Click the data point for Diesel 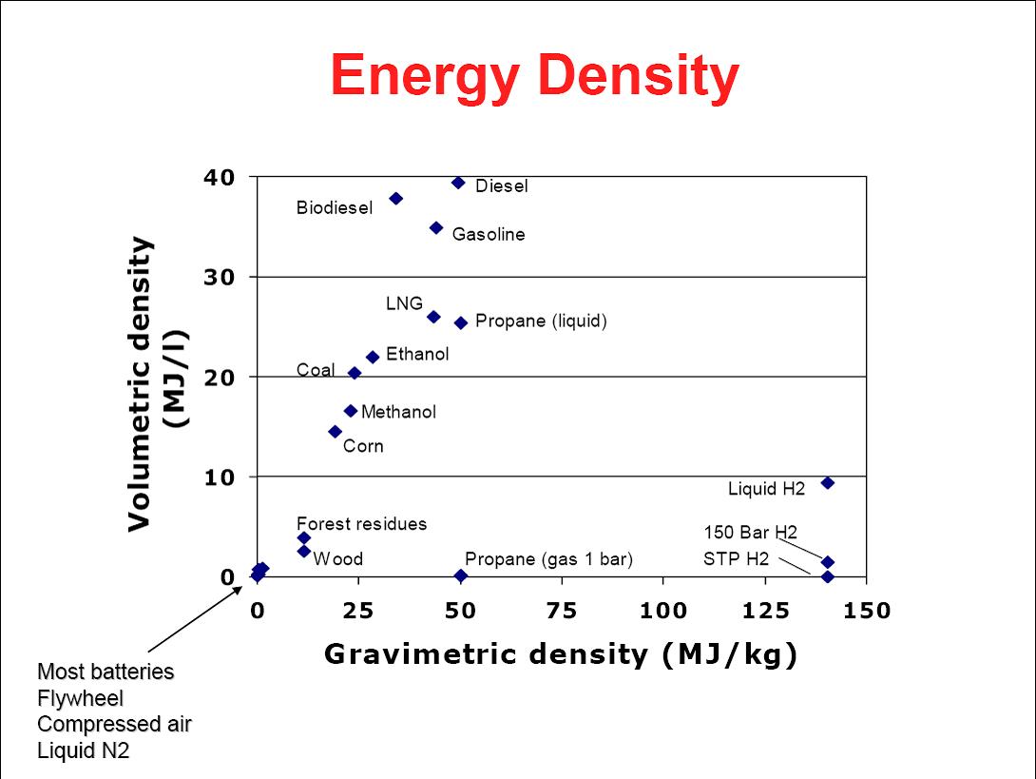458,183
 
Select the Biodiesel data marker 396,198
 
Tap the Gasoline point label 488,235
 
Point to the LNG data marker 433,317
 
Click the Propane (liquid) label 541,321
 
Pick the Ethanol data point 373,357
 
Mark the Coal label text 316,370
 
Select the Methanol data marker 351,411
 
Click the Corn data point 335,432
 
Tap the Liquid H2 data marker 828,483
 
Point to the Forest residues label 361,524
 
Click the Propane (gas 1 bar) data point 461,575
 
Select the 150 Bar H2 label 750,533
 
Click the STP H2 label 736,559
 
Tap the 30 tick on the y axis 221,277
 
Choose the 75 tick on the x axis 563,611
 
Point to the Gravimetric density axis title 560,653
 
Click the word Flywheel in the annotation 80,698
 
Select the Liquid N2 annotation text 83,750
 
